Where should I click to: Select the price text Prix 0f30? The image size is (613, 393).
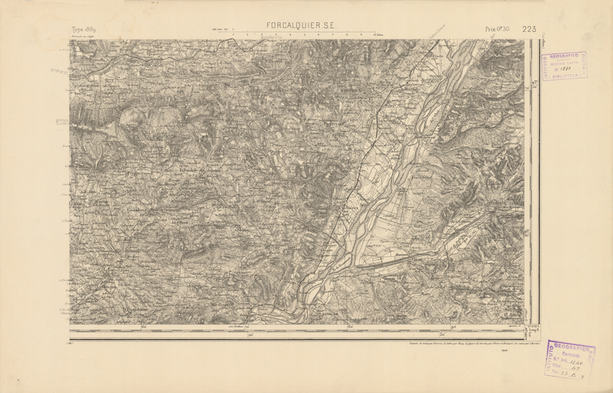(497, 29)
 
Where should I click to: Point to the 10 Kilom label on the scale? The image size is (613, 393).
(376, 35)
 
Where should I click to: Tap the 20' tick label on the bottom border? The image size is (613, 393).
(251, 335)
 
